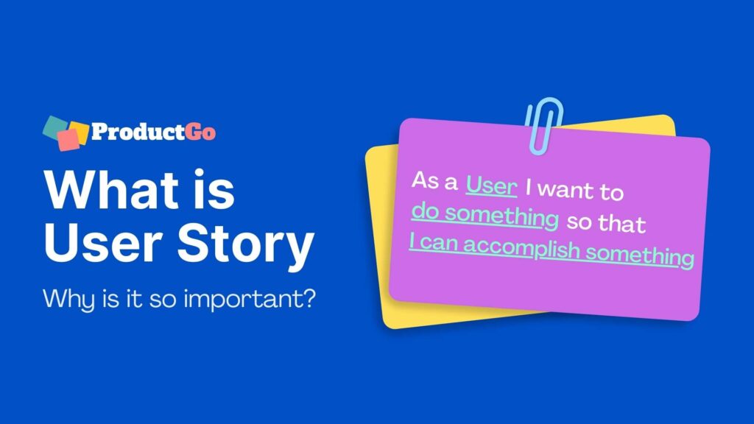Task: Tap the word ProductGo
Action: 153,132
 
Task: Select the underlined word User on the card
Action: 492,186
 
